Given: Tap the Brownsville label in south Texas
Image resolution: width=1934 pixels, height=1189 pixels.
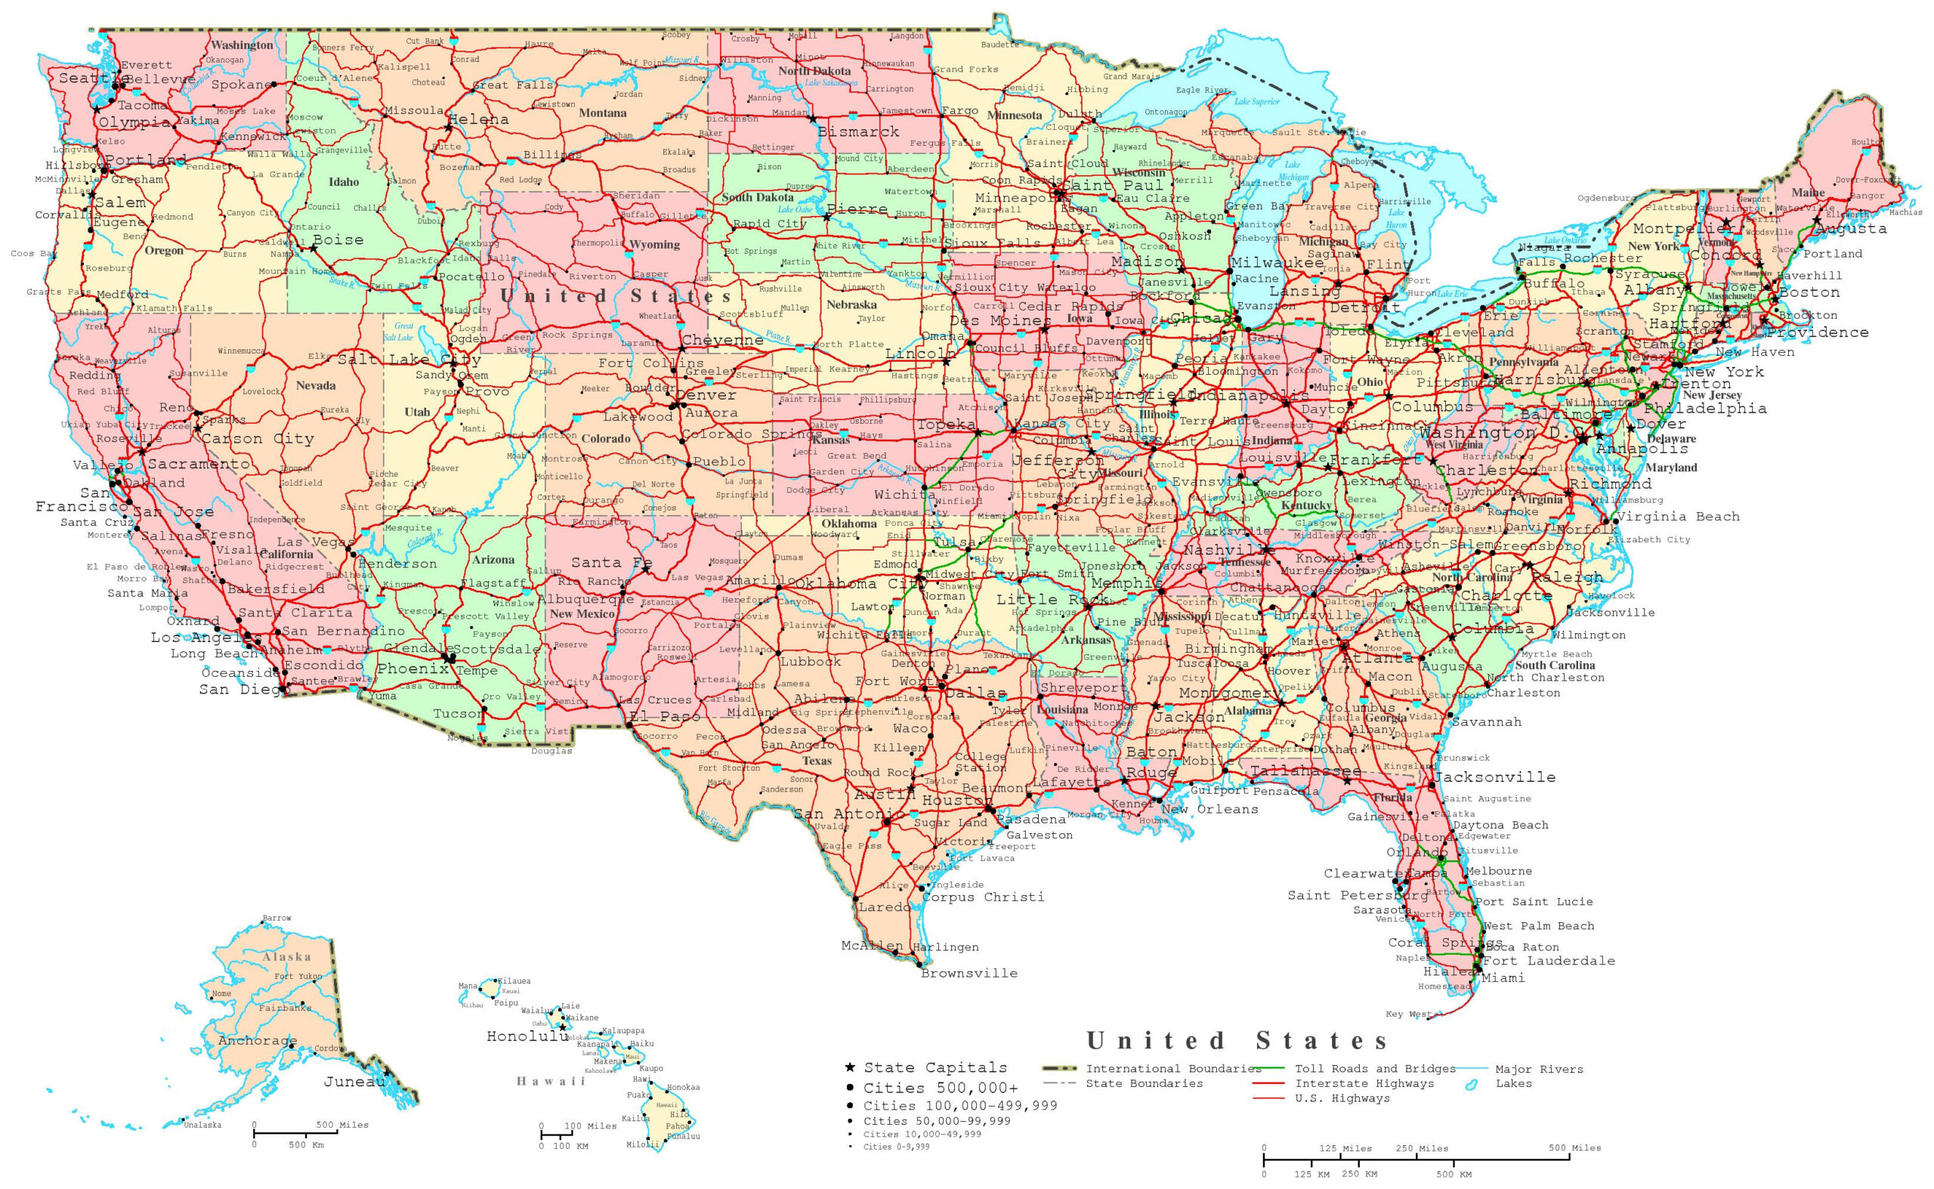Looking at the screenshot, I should pyautogui.click(x=969, y=974).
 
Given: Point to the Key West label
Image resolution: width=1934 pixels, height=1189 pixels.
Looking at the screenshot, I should pyautogui.click(x=1408, y=1015).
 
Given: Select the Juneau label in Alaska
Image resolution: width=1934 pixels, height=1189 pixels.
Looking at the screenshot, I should pyautogui.click(x=354, y=1082).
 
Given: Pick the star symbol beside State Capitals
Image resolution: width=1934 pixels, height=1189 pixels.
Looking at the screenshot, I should pyautogui.click(x=849, y=1067).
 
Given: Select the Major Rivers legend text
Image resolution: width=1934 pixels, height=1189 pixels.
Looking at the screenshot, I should pyautogui.click(x=1539, y=1070).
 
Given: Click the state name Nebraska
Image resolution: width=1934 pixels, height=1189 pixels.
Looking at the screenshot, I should pyautogui.click(x=851, y=304).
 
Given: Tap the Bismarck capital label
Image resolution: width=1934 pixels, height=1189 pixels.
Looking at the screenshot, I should pyautogui.click(x=857, y=132).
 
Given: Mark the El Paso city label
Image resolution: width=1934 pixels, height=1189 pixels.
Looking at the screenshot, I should pyautogui.click(x=664, y=716).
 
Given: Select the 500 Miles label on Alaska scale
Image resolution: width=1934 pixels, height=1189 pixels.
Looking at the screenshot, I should pyautogui.click(x=342, y=1125).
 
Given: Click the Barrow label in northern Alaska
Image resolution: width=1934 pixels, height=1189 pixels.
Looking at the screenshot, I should pyautogui.click(x=277, y=918).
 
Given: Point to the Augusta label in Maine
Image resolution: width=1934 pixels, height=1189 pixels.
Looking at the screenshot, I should pyautogui.click(x=1851, y=229).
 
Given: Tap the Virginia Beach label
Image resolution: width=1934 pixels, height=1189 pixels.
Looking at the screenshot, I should pyautogui.click(x=1679, y=517).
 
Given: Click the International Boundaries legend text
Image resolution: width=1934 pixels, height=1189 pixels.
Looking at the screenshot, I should pyautogui.click(x=1173, y=1069).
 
